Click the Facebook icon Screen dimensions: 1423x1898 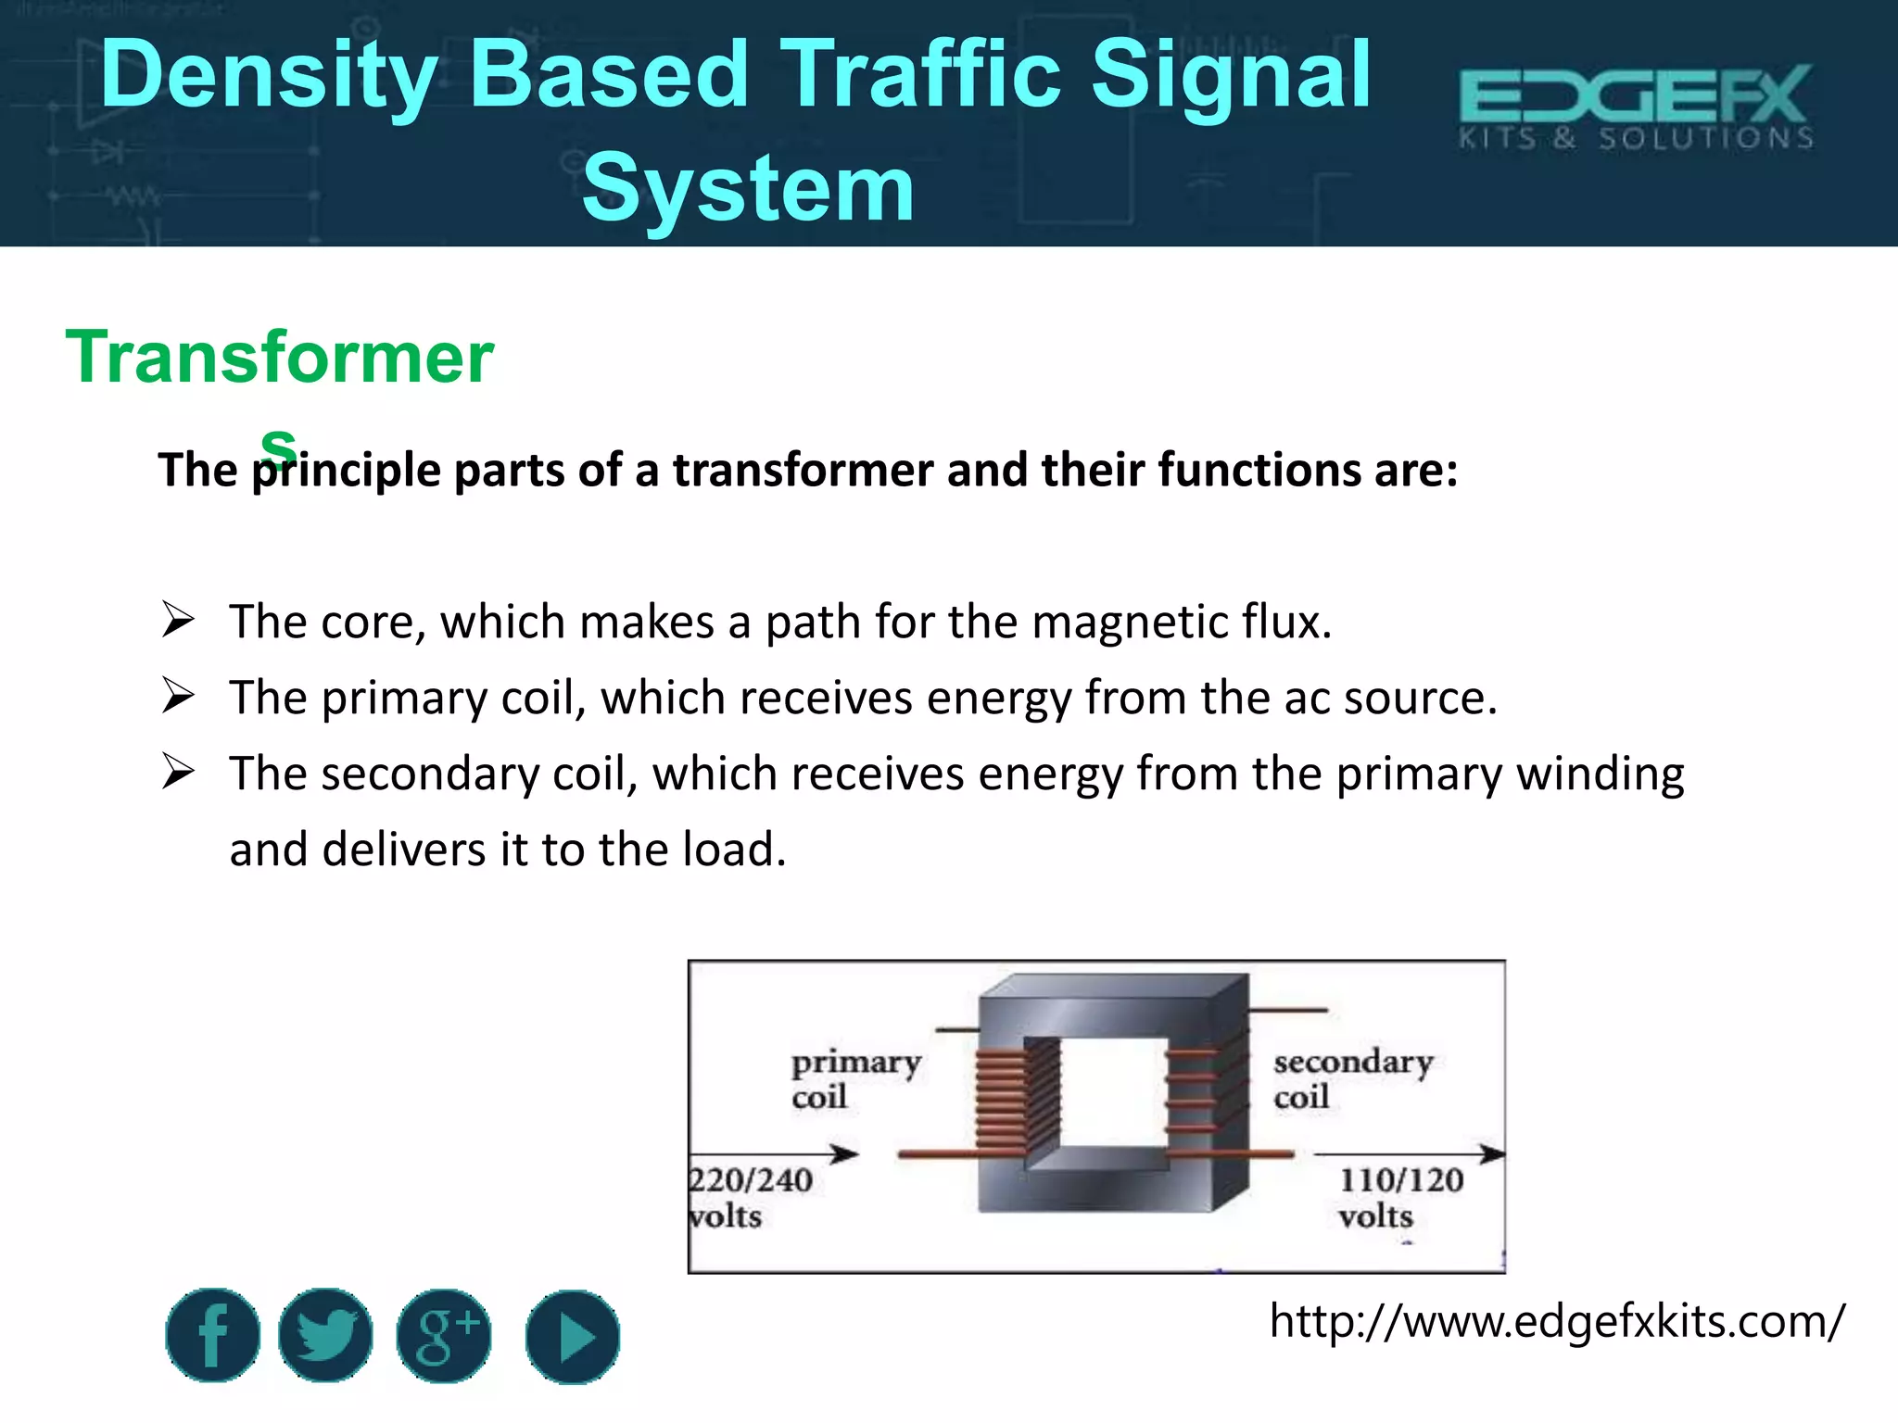(x=212, y=1335)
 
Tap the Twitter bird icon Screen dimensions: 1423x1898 (x=325, y=1335)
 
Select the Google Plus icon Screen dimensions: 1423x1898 (x=444, y=1336)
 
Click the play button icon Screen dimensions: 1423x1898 (x=572, y=1337)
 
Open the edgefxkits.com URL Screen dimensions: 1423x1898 (x=1557, y=1321)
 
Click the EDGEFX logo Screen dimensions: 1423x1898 (x=1636, y=107)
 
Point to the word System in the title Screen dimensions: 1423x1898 (x=748, y=189)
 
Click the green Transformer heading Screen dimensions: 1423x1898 (x=279, y=358)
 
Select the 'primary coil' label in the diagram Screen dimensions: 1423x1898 (x=854, y=1078)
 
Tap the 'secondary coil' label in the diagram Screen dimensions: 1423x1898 (x=1352, y=1078)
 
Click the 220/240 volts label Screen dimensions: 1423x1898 (x=750, y=1197)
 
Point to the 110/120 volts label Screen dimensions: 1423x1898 (x=1399, y=1197)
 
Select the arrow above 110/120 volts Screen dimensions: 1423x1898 (x=1409, y=1153)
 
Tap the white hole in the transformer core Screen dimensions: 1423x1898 (x=1112, y=1091)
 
